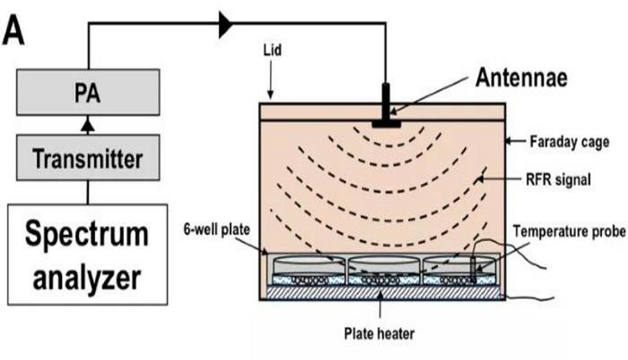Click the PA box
tap(89, 94)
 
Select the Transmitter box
tap(89, 159)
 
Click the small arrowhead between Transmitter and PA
tap(89, 123)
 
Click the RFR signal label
tap(561, 180)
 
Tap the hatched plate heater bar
tap(383, 293)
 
